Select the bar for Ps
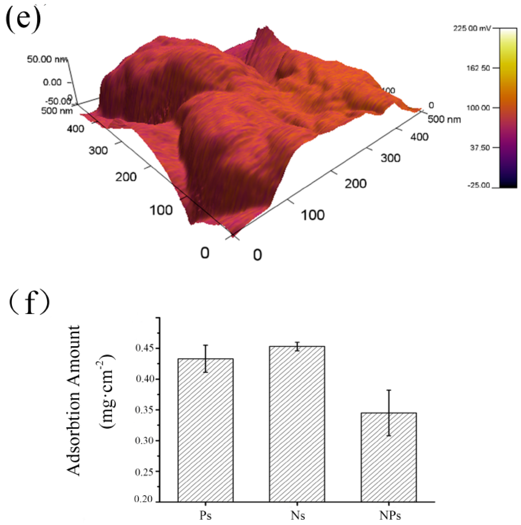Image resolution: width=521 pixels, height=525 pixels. [206, 430]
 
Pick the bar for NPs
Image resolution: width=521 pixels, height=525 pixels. [388, 457]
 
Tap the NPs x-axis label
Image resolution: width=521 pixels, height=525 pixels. [390, 515]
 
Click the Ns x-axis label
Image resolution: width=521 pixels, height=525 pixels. [298, 515]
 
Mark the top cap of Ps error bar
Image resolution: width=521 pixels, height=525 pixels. [206, 345]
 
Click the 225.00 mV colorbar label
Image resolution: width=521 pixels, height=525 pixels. [472, 28]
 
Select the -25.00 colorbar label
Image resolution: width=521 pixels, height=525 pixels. [478, 185]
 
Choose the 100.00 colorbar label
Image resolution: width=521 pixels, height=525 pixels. [478, 108]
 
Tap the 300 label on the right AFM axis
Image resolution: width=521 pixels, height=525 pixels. [390, 158]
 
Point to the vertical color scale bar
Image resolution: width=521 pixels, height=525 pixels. [508, 108]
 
